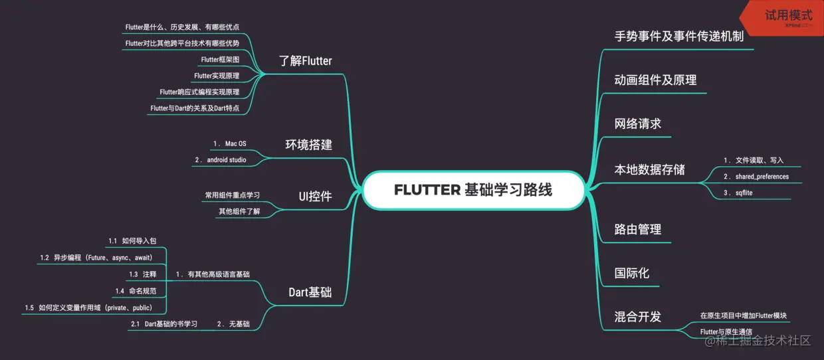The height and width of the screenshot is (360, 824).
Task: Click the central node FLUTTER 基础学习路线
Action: pyautogui.click(x=473, y=190)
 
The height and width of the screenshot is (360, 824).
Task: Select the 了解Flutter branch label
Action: pyautogui.click(x=305, y=61)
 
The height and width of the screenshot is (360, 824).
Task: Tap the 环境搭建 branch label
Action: pyautogui.click(x=308, y=145)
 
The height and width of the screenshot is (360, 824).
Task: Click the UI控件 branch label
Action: pyautogui.click(x=315, y=196)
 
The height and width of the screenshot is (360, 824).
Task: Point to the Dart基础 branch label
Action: pyautogui.click(x=310, y=292)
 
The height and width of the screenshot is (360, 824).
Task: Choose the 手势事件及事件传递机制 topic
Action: pyautogui.click(x=679, y=36)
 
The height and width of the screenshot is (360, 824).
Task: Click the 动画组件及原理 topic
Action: pyautogui.click(x=655, y=80)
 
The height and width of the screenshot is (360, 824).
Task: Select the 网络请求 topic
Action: pyautogui.click(x=638, y=124)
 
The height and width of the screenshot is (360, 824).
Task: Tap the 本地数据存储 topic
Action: pyautogui.click(x=649, y=169)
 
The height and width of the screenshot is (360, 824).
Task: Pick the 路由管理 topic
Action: pyautogui.click(x=638, y=229)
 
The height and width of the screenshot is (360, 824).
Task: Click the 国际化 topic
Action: pyautogui.click(x=632, y=273)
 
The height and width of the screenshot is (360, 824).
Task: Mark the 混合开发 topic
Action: pyautogui.click(x=638, y=317)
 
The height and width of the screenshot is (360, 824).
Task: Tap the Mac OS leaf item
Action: pyautogui.click(x=229, y=143)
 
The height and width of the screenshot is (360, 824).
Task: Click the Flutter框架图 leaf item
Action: pyautogui.click(x=220, y=60)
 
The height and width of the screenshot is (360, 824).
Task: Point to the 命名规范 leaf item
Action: pyautogui.click(x=140, y=291)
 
